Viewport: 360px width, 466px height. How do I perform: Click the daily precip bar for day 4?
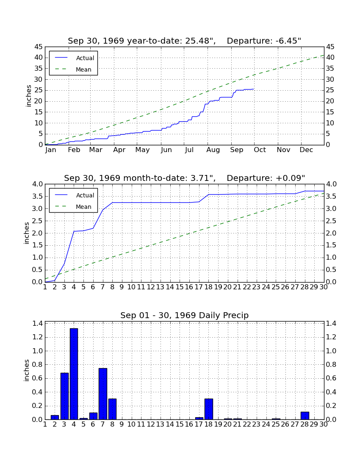74,374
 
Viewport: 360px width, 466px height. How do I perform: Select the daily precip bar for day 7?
103,394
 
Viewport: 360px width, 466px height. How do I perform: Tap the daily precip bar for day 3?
64,396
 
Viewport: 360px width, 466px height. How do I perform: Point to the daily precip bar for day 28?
305,416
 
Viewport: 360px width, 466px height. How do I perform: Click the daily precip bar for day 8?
112,409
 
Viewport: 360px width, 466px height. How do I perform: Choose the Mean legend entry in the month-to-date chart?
73,207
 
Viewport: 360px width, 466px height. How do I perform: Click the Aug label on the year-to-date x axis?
213,150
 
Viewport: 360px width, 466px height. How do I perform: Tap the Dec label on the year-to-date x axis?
306,150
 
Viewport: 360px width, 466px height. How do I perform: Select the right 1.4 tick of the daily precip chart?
331,323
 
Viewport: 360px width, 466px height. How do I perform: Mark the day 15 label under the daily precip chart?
180,424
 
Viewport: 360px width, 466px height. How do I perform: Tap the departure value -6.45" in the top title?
288,41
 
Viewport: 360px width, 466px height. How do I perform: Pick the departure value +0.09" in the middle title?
290,178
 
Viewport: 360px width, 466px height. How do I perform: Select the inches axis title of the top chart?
28,96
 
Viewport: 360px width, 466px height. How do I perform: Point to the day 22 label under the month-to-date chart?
247,287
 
